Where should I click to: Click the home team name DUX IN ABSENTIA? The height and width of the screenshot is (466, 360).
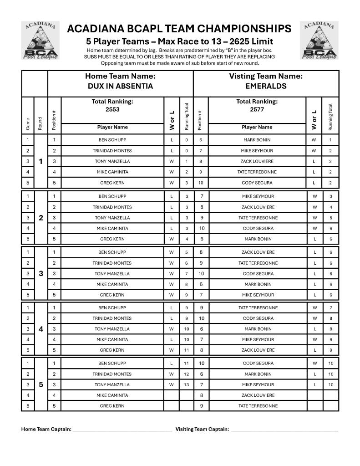point(120,86)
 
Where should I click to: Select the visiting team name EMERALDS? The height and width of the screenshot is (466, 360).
point(266,86)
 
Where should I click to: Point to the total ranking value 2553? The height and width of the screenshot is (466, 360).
point(112,109)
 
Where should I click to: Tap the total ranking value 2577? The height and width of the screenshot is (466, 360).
point(257,109)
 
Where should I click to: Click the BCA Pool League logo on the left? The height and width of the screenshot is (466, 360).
point(41,40)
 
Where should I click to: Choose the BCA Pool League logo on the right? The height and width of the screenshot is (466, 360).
point(319,40)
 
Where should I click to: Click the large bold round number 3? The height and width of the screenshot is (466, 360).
point(41,274)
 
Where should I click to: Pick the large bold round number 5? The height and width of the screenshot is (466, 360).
point(41,384)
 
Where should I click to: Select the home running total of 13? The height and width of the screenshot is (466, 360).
point(186,384)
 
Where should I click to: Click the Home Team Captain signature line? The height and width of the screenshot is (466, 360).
point(122,430)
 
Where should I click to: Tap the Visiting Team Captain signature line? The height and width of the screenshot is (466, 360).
point(284,430)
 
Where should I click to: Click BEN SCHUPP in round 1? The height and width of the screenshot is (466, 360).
point(112,140)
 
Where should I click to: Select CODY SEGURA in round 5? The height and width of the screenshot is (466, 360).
point(257,364)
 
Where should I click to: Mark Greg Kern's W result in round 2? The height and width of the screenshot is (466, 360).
point(172,239)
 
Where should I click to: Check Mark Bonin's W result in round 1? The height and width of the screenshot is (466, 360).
point(314,140)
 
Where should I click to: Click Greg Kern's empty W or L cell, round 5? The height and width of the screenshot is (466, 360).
point(172,406)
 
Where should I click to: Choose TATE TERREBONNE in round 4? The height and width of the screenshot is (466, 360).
point(257,308)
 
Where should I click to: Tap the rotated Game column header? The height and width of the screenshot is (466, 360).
point(28,123)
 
